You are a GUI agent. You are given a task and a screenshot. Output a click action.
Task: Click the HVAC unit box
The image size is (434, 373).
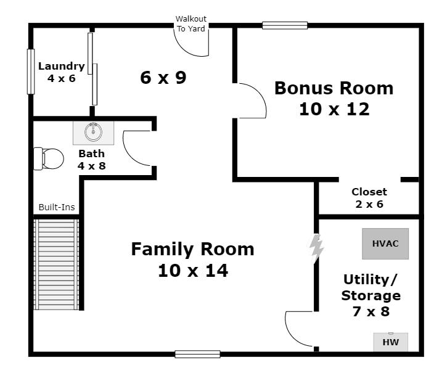click(x=385, y=244)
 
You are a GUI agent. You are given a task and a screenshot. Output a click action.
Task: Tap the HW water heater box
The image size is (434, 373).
click(x=391, y=342)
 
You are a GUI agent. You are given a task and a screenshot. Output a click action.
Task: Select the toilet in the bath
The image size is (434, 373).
click(x=49, y=158)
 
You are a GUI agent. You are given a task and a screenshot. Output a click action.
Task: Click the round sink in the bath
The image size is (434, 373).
click(x=93, y=132)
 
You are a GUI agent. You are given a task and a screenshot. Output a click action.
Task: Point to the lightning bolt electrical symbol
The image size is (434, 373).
click(x=316, y=248)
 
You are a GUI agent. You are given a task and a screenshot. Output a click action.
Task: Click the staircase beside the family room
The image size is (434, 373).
click(x=56, y=264)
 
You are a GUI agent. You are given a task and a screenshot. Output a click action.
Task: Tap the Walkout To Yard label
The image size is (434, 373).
click(x=191, y=24)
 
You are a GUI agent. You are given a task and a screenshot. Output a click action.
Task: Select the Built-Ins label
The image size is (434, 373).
click(x=57, y=207)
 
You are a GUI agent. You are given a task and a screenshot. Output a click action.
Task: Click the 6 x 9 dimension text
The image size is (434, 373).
click(x=163, y=77)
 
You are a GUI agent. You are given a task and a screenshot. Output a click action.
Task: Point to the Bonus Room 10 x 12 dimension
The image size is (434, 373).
click(x=334, y=109)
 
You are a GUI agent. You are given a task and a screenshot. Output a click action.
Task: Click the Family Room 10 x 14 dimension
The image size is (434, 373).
click(x=193, y=271)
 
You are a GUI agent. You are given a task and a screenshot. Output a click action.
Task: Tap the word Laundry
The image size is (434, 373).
click(x=62, y=67)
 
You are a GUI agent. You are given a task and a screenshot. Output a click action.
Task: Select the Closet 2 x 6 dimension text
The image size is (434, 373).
click(x=369, y=204)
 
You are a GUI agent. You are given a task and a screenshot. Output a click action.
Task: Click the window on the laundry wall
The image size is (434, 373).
click(x=31, y=72)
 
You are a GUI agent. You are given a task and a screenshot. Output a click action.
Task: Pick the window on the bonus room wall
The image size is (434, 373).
click(x=285, y=25)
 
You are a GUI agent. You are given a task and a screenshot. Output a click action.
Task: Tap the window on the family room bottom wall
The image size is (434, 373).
click(x=198, y=354)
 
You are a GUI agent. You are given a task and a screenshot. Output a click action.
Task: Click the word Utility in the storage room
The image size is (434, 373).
click(x=370, y=280)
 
